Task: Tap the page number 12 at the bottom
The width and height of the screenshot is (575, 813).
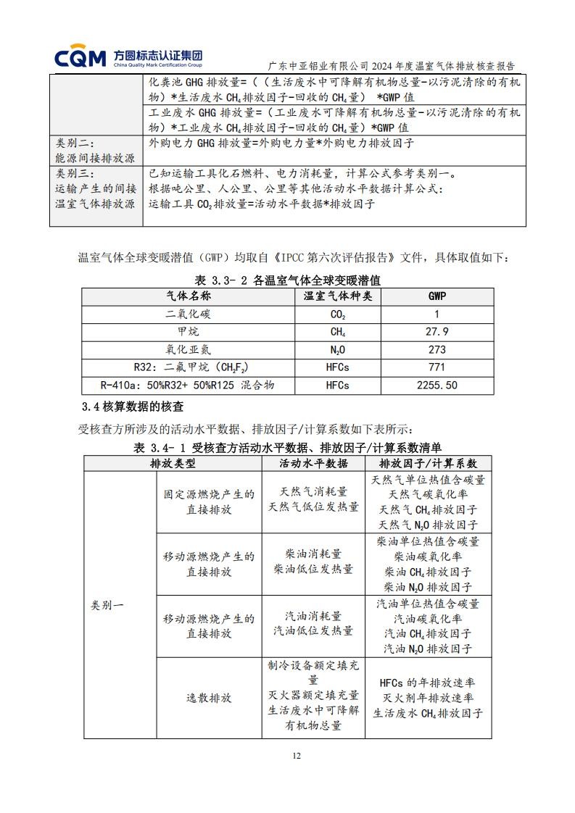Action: [296, 756]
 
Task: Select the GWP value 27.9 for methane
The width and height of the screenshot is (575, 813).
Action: [437, 331]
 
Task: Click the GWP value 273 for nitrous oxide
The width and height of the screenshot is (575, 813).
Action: [437, 349]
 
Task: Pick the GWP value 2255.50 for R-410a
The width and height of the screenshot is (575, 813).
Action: [437, 385]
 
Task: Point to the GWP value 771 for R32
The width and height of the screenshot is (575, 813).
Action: [437, 367]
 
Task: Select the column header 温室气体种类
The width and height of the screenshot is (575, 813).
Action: [337, 296]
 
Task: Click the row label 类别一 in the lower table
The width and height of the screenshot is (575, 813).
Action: [107, 604]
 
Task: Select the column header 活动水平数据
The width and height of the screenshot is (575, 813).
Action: [313, 463]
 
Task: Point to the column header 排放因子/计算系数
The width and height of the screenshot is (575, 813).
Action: [428, 463]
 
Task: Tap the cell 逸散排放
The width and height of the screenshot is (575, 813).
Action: [209, 699]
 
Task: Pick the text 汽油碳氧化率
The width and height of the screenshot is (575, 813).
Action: [428, 619]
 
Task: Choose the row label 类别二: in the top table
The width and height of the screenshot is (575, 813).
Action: [75, 143]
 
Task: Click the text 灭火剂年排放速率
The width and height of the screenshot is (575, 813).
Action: [428, 698]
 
